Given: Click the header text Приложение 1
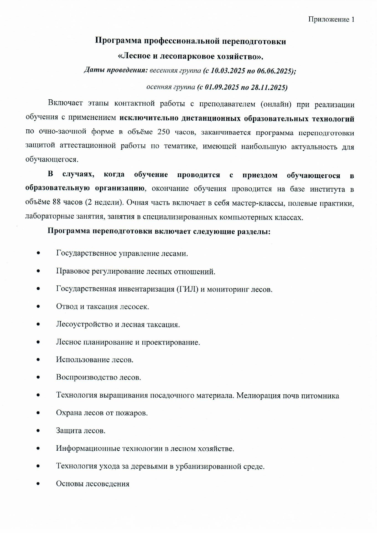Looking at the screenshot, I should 331,19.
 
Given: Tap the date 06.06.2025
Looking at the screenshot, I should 274,71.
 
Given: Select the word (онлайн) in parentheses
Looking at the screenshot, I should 276,104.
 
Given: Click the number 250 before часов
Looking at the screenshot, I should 164,132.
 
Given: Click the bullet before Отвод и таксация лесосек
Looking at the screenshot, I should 38,306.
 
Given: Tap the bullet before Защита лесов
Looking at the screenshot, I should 38,431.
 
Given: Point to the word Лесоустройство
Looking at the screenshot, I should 84,324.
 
